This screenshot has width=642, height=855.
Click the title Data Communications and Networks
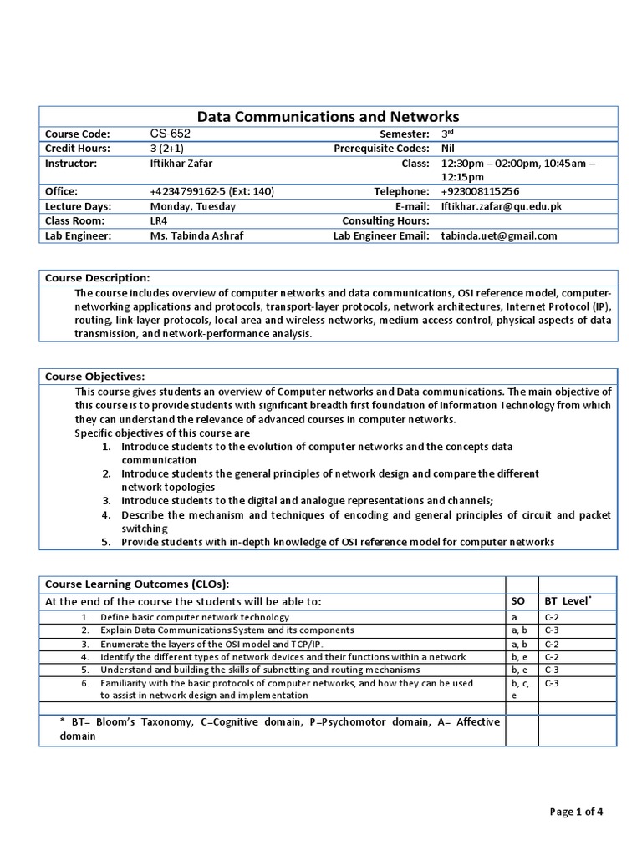tap(327, 117)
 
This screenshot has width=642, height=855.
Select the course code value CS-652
tap(165, 134)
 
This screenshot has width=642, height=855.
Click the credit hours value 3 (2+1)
tap(167, 148)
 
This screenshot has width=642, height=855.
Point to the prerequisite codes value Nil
tap(448, 148)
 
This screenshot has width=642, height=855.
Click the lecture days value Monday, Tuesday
tap(192, 206)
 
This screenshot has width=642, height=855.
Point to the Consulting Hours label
tap(385, 220)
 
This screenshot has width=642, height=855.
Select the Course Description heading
tap(97, 277)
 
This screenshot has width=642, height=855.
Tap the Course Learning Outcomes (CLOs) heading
tap(136, 584)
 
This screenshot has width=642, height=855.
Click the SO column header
tap(517, 601)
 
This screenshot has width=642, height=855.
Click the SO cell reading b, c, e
tap(520, 689)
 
